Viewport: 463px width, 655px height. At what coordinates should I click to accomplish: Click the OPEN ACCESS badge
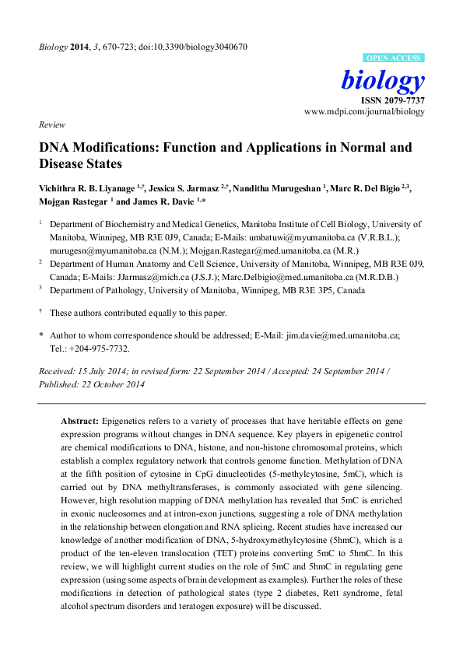click(x=394, y=58)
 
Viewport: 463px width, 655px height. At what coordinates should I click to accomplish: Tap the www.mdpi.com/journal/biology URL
click(x=364, y=112)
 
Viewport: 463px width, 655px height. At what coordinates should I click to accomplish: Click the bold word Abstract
click(x=79, y=420)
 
